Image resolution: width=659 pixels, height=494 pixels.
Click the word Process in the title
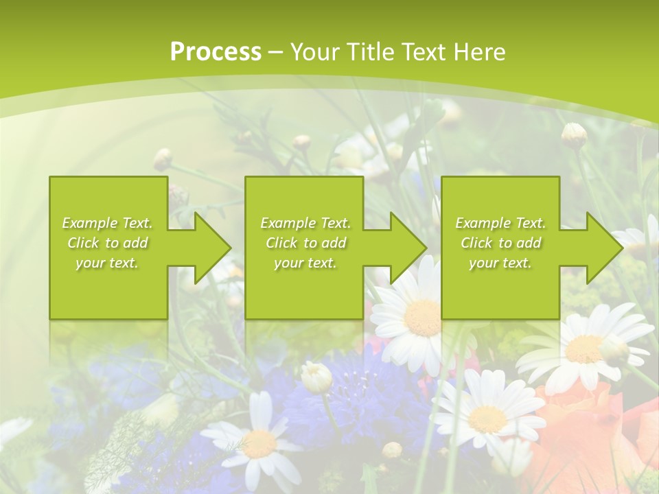216,52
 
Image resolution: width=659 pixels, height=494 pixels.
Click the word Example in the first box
90,223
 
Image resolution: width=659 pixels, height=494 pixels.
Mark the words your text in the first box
107,263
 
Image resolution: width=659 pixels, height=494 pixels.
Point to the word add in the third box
529,243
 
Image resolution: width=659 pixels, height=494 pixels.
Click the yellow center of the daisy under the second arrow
422,317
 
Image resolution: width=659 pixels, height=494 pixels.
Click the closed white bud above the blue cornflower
316,377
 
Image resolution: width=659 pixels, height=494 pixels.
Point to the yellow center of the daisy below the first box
259,444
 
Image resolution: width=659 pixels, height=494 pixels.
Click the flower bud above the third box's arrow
574,135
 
